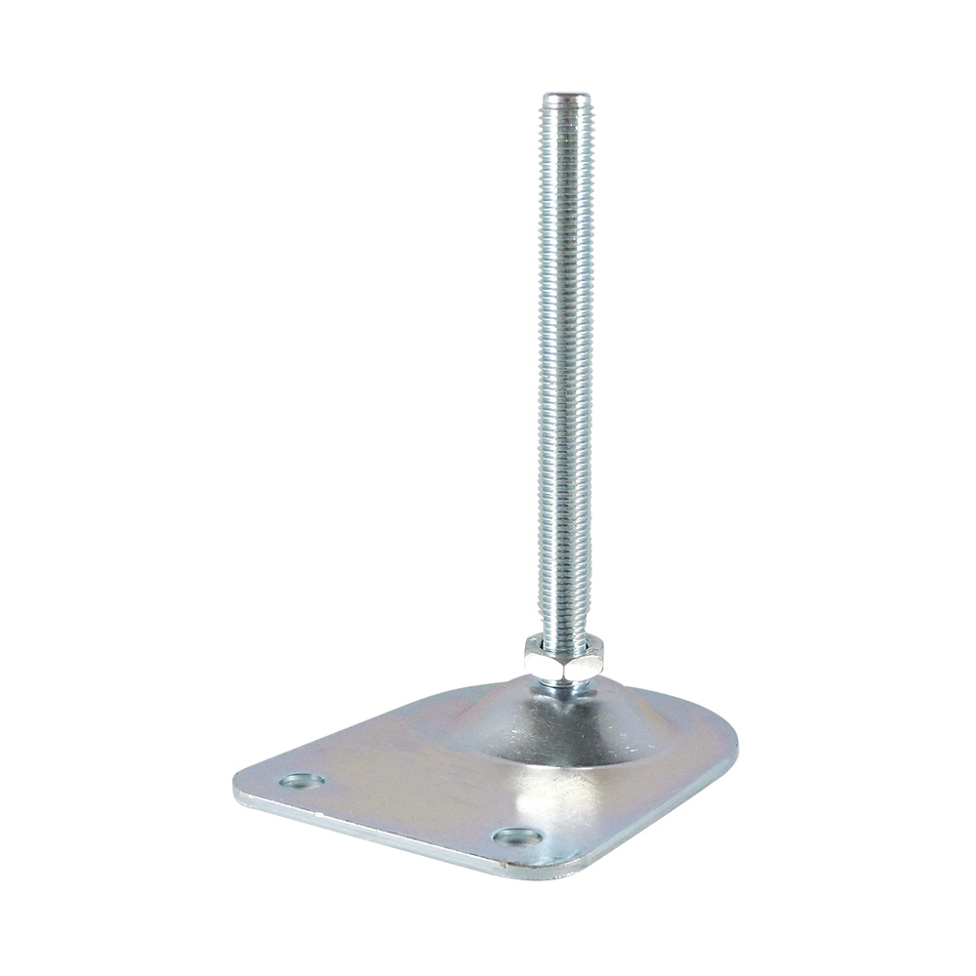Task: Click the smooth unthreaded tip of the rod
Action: click(x=567, y=100)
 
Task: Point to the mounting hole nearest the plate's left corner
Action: click(x=303, y=781)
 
